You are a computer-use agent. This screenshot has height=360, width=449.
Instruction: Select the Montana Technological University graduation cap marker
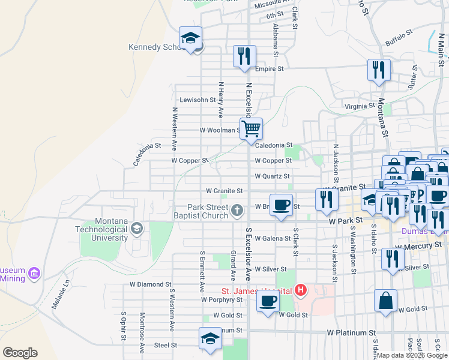[x=137, y=228]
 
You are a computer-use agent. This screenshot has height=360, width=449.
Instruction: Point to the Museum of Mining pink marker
[x=34, y=274]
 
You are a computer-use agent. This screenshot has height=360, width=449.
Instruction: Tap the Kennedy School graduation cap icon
[x=191, y=39]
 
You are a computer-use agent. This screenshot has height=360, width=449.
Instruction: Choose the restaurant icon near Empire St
[x=244, y=57]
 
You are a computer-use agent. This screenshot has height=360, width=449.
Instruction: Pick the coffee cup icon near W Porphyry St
[x=268, y=301]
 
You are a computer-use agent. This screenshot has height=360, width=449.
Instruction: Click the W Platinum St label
[x=351, y=332]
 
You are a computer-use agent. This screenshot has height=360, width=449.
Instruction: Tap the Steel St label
[x=166, y=345]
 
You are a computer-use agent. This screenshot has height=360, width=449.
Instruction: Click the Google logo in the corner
[x=20, y=353]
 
